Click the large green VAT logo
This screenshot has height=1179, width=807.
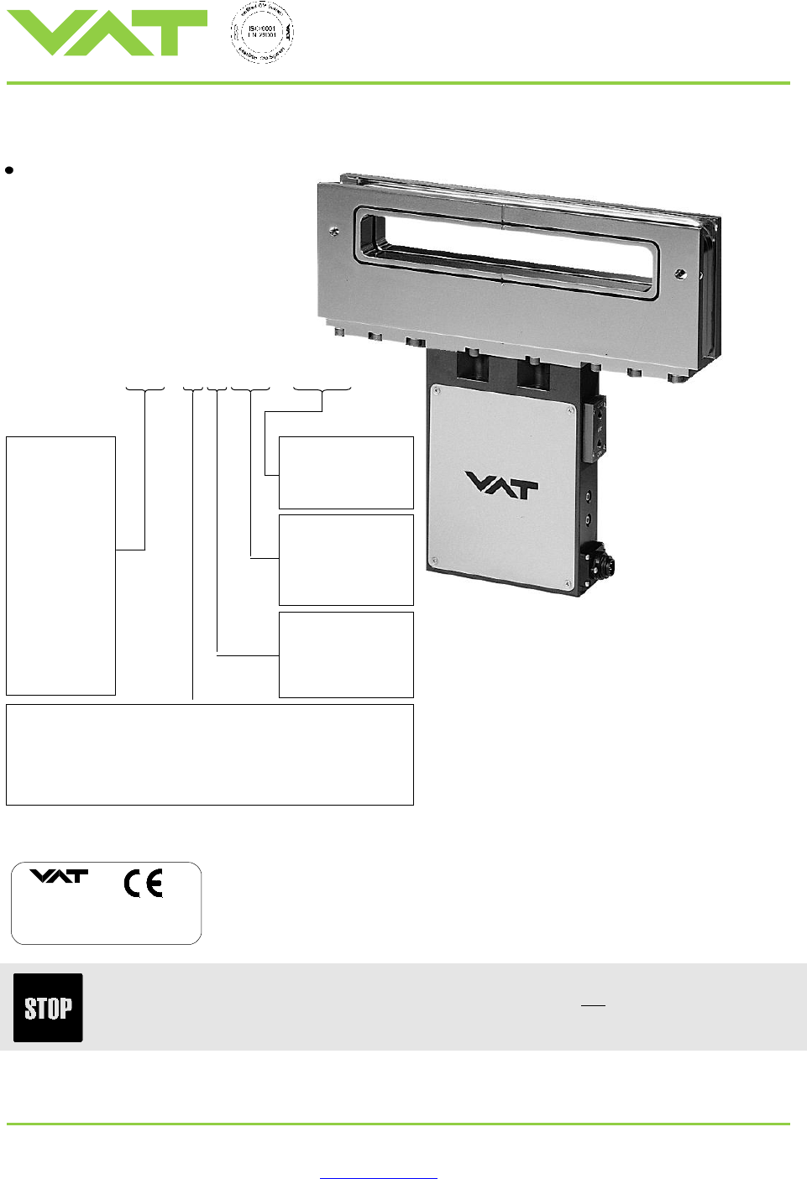[107, 33]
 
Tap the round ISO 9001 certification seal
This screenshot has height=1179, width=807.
[262, 33]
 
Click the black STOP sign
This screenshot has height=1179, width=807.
[48, 1007]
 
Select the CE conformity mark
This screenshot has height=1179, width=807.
[144, 884]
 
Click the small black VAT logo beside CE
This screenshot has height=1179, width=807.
[59, 876]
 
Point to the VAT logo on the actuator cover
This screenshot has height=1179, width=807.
[501, 485]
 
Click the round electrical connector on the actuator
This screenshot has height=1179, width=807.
[603, 558]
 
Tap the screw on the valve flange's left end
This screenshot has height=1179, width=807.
[335, 231]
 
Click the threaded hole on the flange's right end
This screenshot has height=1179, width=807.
[681, 274]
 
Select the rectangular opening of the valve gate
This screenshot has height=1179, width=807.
[504, 249]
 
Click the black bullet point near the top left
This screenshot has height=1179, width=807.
[9, 170]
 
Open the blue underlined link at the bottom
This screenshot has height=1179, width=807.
[378, 1177]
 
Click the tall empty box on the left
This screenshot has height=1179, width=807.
[60, 565]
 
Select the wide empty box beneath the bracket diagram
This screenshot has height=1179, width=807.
[209, 754]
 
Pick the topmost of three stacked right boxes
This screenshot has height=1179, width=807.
[346, 472]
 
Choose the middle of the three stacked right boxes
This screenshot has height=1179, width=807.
[346, 560]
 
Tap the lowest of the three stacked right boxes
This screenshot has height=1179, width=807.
[346, 655]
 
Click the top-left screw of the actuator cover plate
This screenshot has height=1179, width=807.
[437, 389]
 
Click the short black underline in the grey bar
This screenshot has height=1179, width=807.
[593, 1004]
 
